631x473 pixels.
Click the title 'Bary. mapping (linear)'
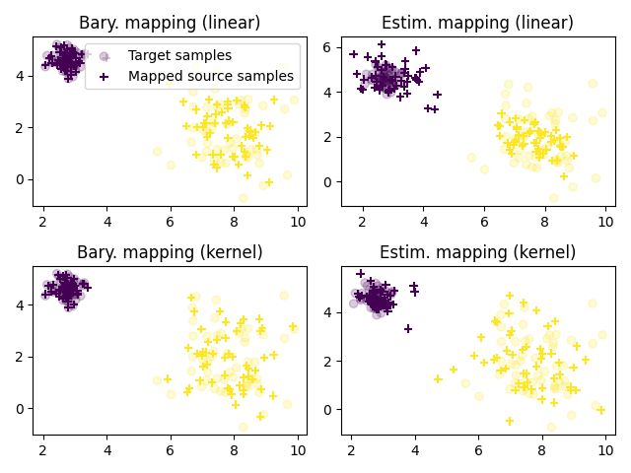(x=169, y=23)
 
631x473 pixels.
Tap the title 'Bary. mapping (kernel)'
(x=169, y=252)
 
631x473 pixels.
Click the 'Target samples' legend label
(x=179, y=56)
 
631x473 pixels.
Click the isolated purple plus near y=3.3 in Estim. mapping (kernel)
(x=407, y=328)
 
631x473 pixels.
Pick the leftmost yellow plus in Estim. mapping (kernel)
(x=438, y=378)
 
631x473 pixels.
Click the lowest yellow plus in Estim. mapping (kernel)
(x=510, y=421)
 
